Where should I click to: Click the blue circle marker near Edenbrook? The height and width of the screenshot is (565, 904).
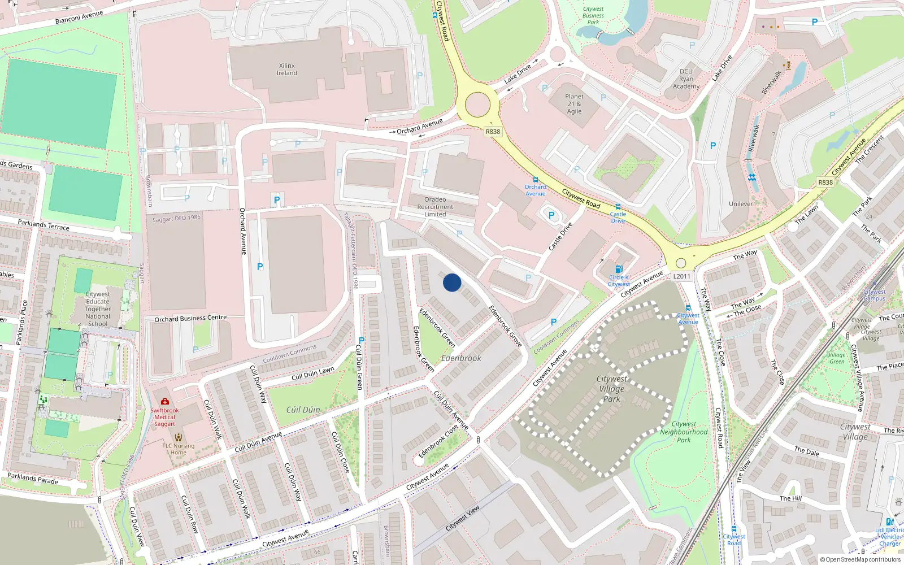click(452, 282)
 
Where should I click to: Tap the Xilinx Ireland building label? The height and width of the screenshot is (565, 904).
click(287, 69)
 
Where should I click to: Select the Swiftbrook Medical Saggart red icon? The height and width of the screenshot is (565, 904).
click(165, 402)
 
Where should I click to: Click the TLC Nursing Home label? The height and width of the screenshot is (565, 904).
click(179, 449)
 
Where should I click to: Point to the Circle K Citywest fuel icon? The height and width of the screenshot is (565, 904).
click(619, 270)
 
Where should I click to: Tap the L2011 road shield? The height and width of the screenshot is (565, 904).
click(682, 276)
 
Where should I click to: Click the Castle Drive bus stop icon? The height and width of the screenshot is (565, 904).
click(618, 207)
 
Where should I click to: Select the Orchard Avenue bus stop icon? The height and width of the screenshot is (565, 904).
click(536, 180)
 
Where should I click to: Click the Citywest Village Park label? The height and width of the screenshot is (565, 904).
click(612, 389)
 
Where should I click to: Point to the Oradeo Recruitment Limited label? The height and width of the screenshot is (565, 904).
click(435, 207)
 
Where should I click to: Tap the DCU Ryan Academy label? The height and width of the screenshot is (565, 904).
click(686, 79)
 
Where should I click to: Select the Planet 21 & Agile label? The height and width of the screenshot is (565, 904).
click(574, 104)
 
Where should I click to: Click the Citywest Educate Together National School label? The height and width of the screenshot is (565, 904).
click(98, 309)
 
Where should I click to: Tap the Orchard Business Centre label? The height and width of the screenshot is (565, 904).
click(190, 319)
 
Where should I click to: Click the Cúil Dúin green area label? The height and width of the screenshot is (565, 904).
click(303, 410)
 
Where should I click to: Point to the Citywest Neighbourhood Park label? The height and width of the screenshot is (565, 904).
click(684, 432)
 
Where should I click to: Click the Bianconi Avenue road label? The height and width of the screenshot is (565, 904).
click(79, 18)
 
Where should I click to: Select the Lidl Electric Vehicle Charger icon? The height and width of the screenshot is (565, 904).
click(889, 522)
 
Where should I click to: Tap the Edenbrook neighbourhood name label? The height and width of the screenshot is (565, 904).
click(461, 358)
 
